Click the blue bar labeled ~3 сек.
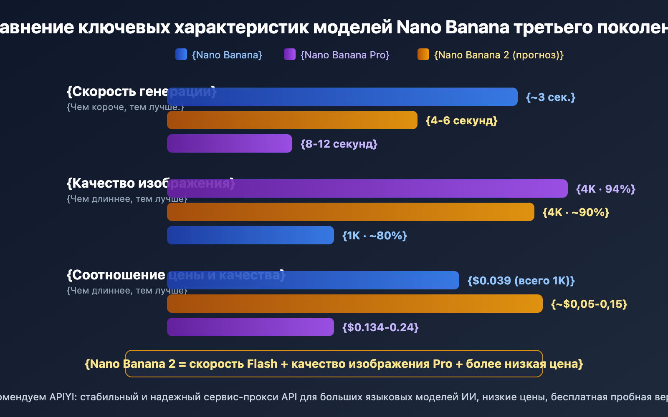click(x=342, y=97)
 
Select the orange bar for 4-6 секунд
click(x=292, y=120)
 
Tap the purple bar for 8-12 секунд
click(x=230, y=143)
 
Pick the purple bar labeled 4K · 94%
click(x=367, y=188)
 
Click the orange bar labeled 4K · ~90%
click(x=351, y=212)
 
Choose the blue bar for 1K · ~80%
click(x=250, y=235)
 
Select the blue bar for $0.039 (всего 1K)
click(x=313, y=280)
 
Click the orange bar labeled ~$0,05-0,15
click(x=355, y=304)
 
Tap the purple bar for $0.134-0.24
click(x=250, y=327)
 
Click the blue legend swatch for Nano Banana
click(x=181, y=55)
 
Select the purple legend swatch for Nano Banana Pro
click(x=290, y=55)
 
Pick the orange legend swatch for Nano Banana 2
click(x=423, y=55)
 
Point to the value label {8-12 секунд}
click(x=339, y=144)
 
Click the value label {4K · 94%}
click(x=605, y=189)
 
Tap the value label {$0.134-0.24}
click(x=380, y=327)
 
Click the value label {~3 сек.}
click(x=551, y=97)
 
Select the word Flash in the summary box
click(x=262, y=364)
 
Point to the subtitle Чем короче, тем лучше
click(x=125, y=107)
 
